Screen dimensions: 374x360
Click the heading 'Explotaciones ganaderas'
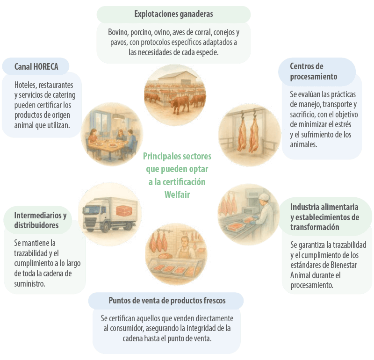[x=173, y=14]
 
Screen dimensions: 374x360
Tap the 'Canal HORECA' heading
[x=36, y=66]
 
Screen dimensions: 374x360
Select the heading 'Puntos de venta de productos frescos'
[x=167, y=300]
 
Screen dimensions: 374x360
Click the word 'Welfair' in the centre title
[x=177, y=194]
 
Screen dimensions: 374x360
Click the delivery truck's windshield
[x=91, y=210]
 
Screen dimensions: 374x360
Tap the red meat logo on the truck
[x=124, y=211]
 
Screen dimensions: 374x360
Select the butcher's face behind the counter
[x=184, y=242]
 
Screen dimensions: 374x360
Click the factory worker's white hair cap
[x=264, y=196]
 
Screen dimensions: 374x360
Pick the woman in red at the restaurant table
[x=93, y=137]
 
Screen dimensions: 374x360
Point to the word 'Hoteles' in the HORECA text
[x=25, y=85]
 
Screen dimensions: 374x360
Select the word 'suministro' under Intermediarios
[x=29, y=284]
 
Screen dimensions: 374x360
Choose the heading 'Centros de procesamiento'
[x=313, y=72]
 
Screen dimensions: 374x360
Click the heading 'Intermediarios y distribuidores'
[x=40, y=220]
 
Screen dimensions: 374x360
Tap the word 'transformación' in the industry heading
[x=315, y=227]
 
